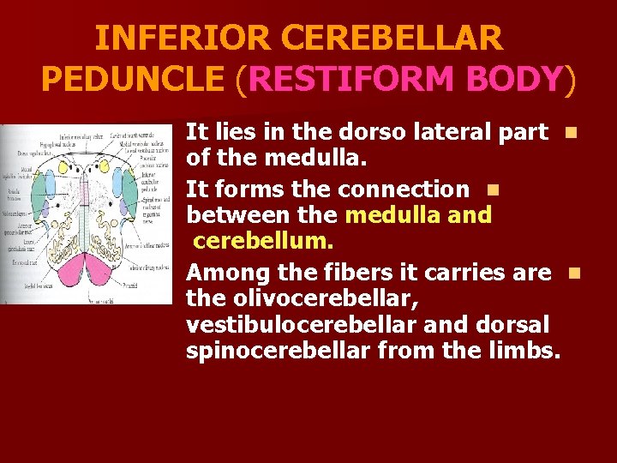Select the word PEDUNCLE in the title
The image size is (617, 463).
coord(132,80)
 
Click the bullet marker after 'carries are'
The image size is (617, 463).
coord(572,274)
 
